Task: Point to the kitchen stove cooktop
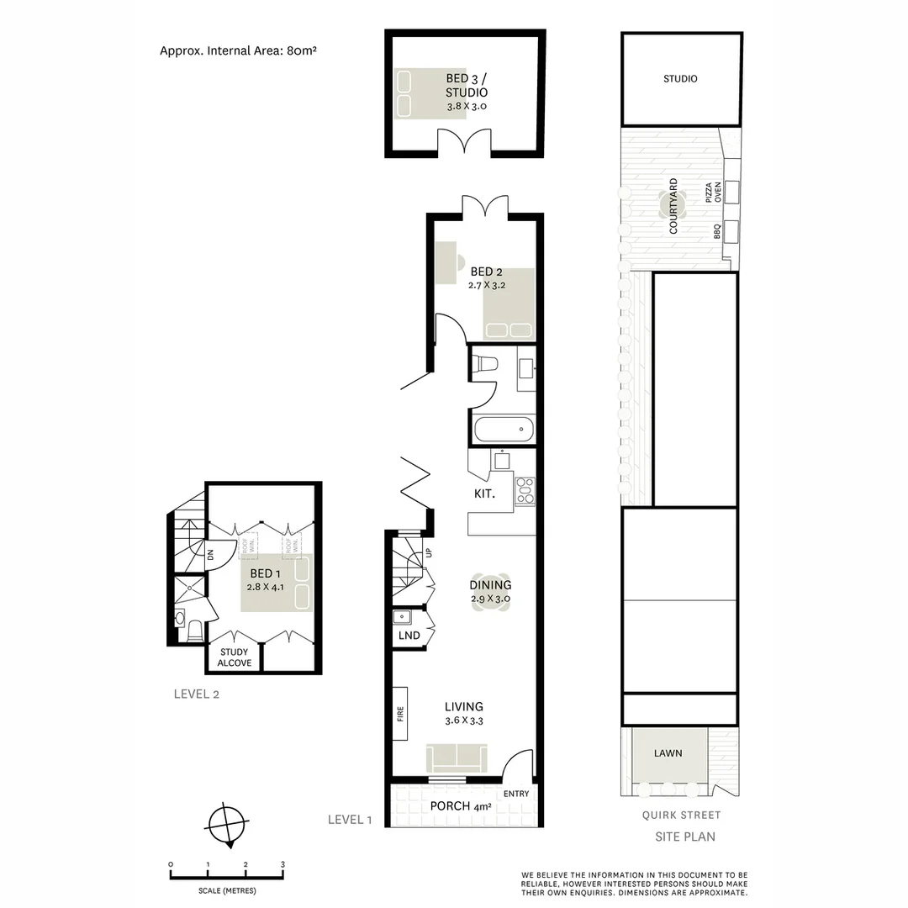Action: click(525, 490)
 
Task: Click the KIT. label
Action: click(484, 494)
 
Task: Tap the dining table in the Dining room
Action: click(491, 592)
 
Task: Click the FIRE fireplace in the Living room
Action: click(400, 714)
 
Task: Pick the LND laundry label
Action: click(409, 636)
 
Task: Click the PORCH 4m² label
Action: click(460, 806)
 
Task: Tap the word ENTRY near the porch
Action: click(515, 794)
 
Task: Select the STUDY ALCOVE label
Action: click(235, 657)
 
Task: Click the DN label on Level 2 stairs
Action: click(211, 555)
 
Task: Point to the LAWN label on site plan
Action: click(668, 753)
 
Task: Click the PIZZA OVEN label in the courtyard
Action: click(713, 196)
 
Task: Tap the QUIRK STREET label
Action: click(681, 815)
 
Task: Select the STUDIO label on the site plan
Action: click(680, 79)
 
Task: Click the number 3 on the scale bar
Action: click(283, 864)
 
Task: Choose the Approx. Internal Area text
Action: click(238, 50)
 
